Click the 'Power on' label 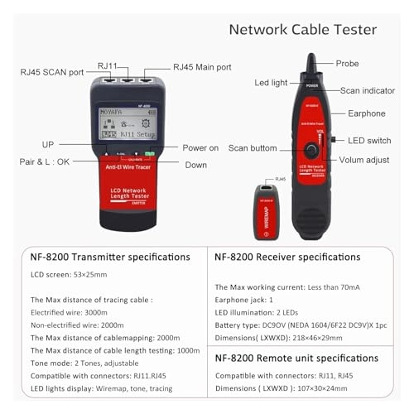click(202, 147)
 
